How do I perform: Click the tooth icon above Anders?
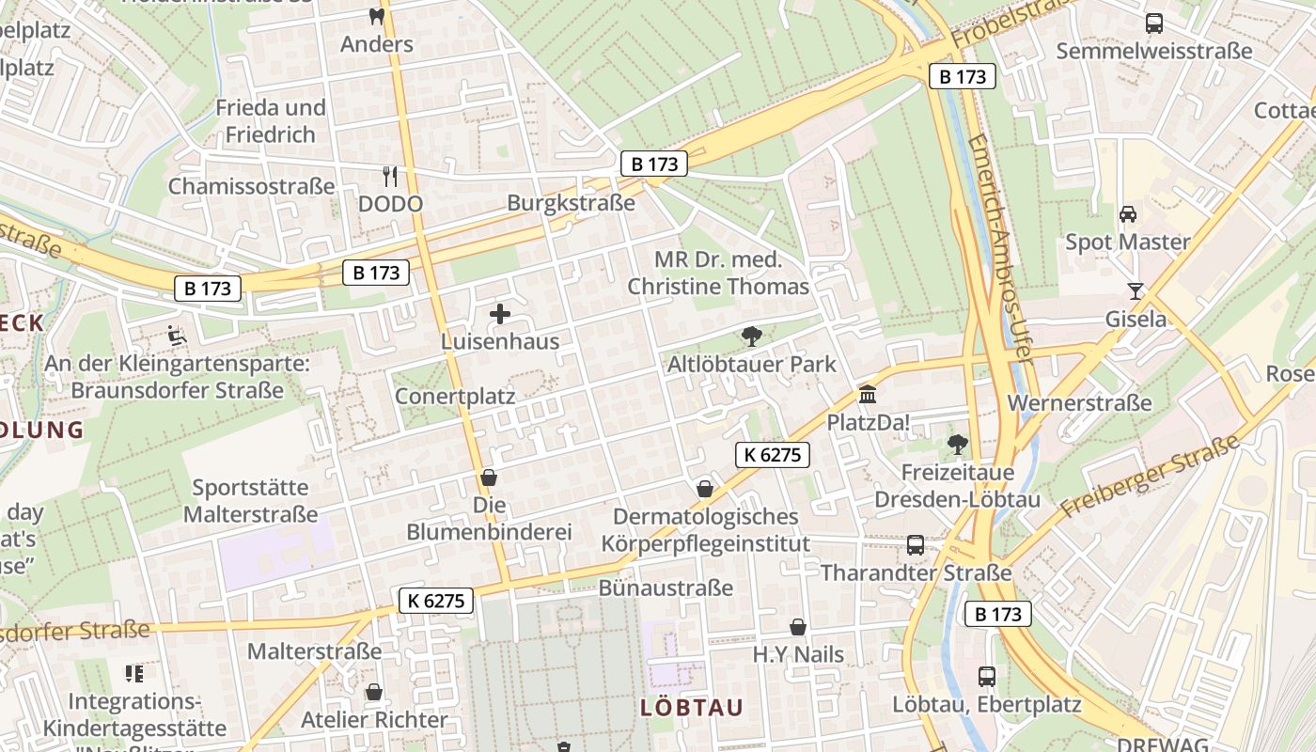click(x=377, y=16)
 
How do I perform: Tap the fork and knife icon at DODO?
click(x=390, y=176)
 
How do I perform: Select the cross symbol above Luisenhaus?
click(x=500, y=314)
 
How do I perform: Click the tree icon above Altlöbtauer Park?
click(x=751, y=336)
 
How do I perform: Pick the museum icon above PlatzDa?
click(x=867, y=395)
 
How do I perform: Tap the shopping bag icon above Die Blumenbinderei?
click(x=488, y=478)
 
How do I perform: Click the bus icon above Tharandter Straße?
click(x=915, y=545)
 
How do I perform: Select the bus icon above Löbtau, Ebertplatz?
click(x=986, y=676)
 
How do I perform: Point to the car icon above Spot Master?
click(x=1128, y=214)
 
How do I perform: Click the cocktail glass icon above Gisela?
click(x=1136, y=290)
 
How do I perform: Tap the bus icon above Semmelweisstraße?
click(x=1153, y=23)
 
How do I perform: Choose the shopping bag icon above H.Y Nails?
click(x=798, y=627)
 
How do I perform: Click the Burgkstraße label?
click(x=571, y=203)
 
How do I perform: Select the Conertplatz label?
click(x=455, y=396)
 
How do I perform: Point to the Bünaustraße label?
click(x=666, y=588)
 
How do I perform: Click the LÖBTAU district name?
click(x=692, y=708)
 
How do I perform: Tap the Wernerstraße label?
click(x=1079, y=403)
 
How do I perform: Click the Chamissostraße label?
click(x=251, y=186)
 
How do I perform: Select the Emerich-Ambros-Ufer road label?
click(x=1001, y=248)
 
